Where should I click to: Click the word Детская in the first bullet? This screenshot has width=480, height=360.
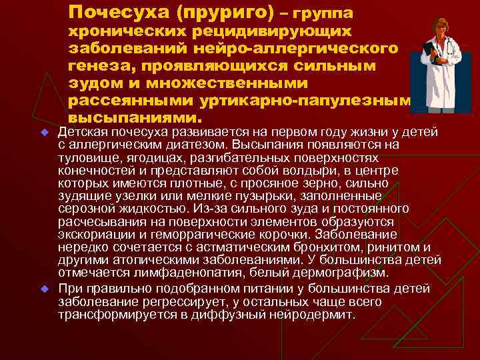click(81, 132)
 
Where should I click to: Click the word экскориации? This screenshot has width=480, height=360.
click(90, 234)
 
